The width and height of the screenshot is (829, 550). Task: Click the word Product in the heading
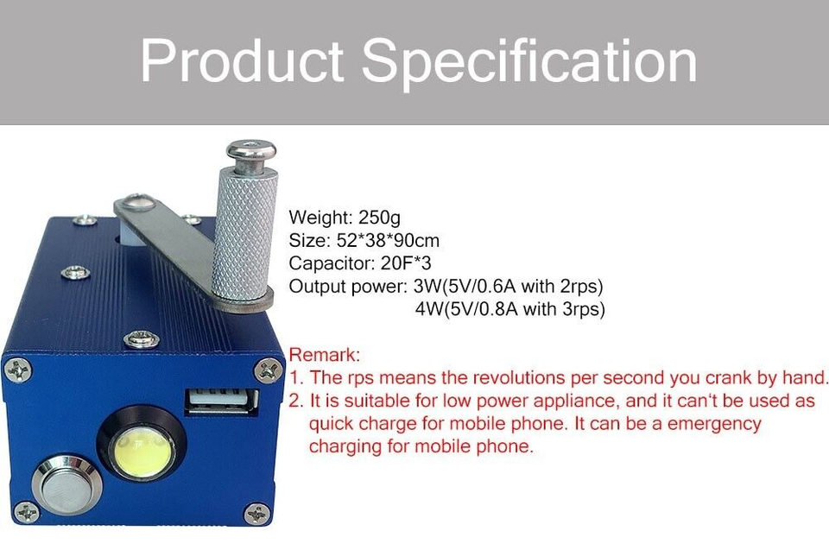click(x=243, y=61)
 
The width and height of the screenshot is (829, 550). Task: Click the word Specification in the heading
click(x=528, y=61)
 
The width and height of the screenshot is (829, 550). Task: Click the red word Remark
click(x=323, y=355)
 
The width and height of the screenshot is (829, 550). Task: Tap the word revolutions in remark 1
click(x=497, y=378)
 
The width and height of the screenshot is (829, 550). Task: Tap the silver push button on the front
click(x=66, y=485)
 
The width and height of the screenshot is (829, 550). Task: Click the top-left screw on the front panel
click(x=17, y=370)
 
